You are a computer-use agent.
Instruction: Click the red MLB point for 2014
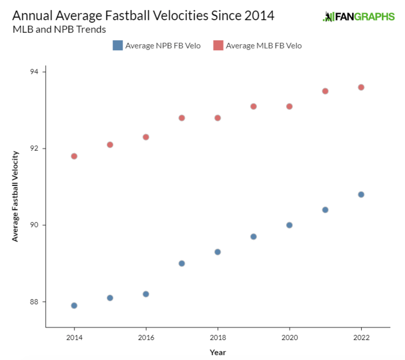pos(74,156)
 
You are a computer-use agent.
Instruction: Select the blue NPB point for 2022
pos(361,194)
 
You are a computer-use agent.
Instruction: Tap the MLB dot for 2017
pos(182,118)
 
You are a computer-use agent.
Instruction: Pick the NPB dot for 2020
pos(289,225)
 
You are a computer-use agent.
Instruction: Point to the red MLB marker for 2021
pos(325,91)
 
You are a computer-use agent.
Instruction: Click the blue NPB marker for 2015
pos(110,298)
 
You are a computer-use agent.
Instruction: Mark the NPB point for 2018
pos(218,252)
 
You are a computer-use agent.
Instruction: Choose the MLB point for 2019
pos(254,106)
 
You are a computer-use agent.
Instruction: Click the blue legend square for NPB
pos(118,45)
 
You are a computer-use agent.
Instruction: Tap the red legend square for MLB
pos(218,45)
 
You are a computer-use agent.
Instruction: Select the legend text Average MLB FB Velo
pos(264,46)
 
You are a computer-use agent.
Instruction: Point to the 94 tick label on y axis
pos(34,72)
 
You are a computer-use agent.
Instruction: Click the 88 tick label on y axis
pos(34,302)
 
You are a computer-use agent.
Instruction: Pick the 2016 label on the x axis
pos(146,337)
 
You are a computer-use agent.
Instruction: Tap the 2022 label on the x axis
pos(361,337)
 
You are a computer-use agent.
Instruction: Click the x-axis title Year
pos(218,352)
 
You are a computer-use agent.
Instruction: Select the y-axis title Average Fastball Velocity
pos(15,196)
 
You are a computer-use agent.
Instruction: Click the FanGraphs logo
pos(359,16)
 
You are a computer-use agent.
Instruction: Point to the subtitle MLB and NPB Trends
pos(59,30)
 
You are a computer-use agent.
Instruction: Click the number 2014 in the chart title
pos(259,16)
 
